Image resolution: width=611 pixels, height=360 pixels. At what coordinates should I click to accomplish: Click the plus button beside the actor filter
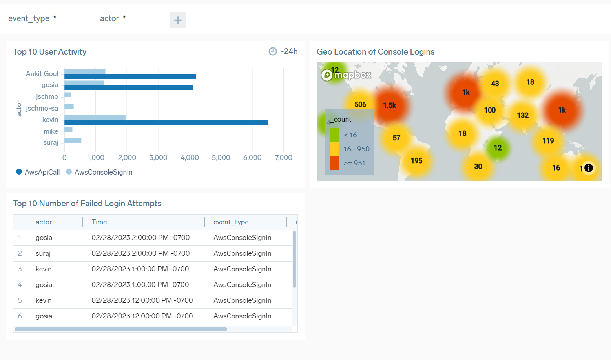click(177, 20)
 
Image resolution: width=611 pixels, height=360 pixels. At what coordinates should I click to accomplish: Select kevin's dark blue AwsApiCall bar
click(166, 122)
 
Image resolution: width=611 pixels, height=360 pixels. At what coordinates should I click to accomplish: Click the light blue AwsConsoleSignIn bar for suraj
click(73, 140)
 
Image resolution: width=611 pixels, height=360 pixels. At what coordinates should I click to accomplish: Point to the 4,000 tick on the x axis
click(190, 158)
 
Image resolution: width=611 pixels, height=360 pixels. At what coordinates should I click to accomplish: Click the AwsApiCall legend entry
click(38, 172)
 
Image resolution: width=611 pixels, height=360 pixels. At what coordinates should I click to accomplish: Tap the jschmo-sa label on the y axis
click(42, 108)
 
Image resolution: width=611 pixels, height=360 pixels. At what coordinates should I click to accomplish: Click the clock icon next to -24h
click(273, 51)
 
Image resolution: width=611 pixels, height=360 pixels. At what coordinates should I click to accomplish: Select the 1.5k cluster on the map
click(390, 105)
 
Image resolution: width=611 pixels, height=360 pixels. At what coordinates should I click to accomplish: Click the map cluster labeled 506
click(360, 104)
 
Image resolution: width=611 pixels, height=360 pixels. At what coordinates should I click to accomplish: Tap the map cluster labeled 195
click(416, 161)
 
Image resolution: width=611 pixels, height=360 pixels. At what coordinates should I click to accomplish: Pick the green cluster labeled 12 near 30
click(498, 148)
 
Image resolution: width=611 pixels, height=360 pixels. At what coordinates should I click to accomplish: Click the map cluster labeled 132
click(523, 115)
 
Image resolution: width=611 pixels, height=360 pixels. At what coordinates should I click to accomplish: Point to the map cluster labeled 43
click(495, 84)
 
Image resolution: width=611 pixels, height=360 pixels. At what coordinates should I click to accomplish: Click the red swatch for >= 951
click(334, 163)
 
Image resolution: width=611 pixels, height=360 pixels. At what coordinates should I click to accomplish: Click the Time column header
click(99, 222)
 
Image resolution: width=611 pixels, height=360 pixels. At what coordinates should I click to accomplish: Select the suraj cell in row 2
click(43, 253)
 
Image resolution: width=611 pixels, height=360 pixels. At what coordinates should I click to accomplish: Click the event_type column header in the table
click(231, 222)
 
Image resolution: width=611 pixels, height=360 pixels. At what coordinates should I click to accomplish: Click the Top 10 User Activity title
click(50, 52)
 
